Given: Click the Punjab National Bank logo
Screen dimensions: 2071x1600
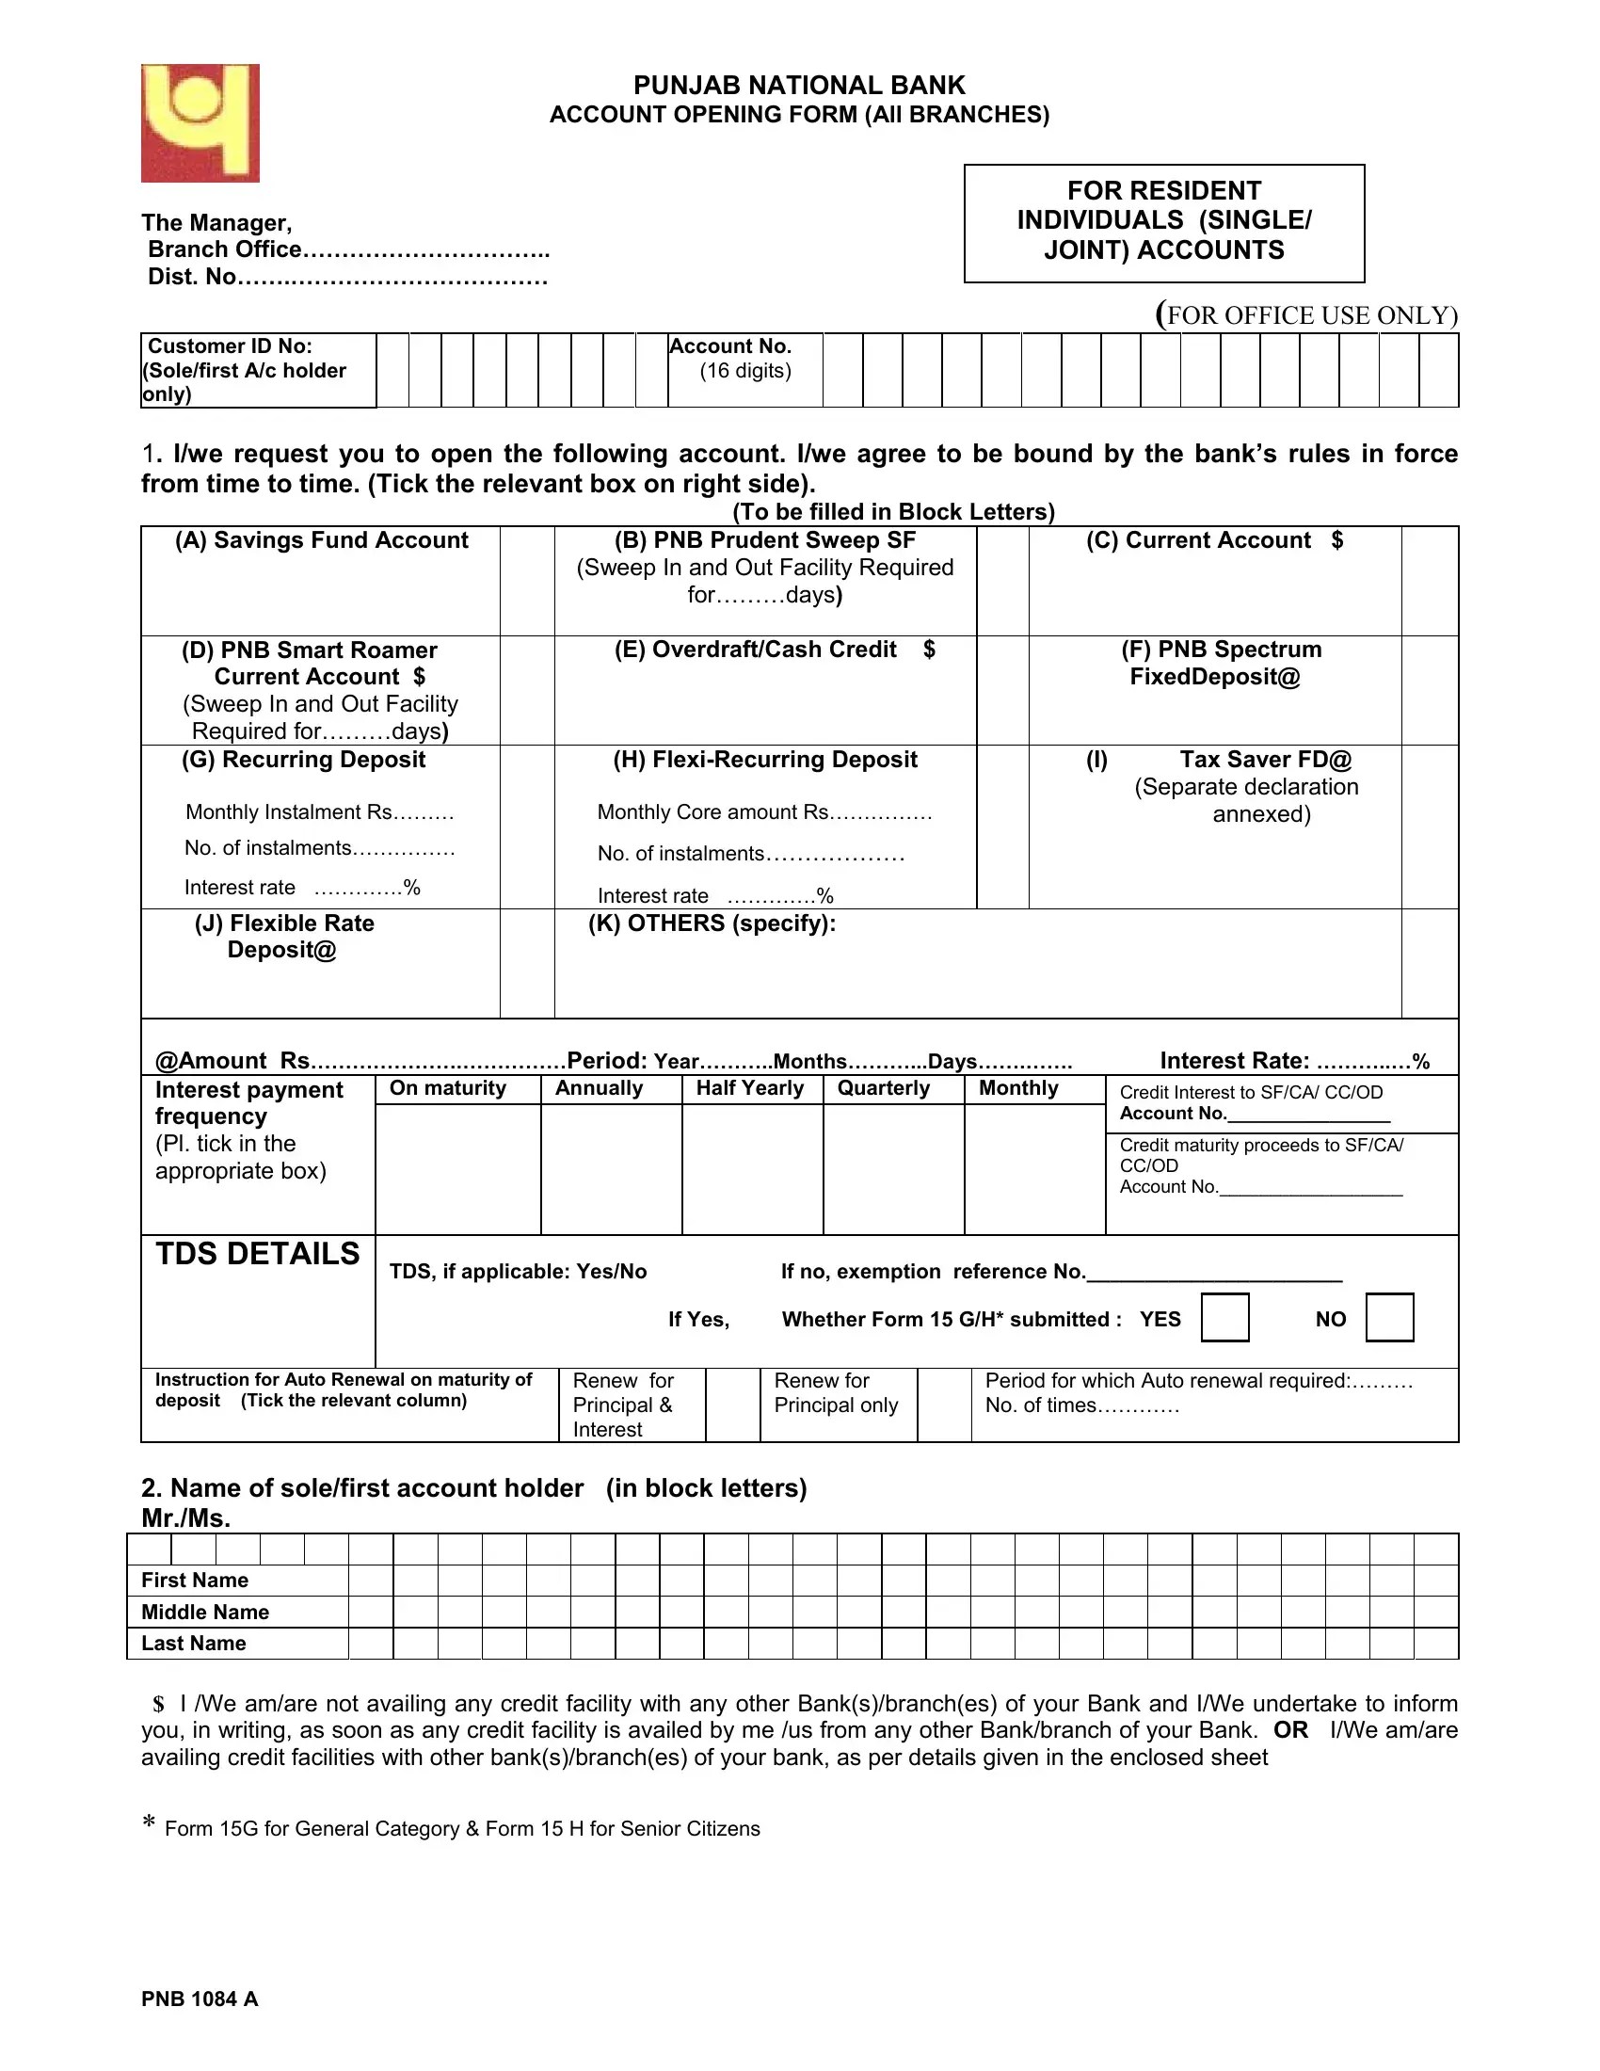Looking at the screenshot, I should click(x=200, y=123).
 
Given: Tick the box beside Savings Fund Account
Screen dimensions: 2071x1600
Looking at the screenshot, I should click(x=527, y=580).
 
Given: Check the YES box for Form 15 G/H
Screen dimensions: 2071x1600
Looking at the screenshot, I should click(x=1224, y=1317).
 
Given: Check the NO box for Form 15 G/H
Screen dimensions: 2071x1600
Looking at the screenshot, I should click(x=1388, y=1317).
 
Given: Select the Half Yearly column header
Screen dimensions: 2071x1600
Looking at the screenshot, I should click(x=749, y=1087).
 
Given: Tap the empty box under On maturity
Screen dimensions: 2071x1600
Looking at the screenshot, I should click(x=457, y=1168).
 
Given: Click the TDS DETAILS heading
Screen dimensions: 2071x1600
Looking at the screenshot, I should click(x=257, y=1254).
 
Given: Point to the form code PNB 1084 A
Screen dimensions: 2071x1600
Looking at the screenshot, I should click(x=200, y=1999).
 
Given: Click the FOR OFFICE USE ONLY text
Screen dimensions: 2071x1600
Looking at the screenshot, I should click(x=1307, y=314).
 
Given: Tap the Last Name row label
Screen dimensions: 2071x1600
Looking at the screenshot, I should click(x=193, y=1644).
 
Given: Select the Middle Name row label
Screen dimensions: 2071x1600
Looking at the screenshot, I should click(x=205, y=1612).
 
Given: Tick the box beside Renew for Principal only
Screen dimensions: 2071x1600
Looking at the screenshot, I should click(x=943, y=1405).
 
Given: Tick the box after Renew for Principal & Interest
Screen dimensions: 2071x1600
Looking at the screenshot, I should click(x=731, y=1405).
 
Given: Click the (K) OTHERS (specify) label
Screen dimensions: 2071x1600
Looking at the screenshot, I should click(x=712, y=923).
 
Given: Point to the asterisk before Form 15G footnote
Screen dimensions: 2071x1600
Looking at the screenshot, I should click(x=149, y=1824).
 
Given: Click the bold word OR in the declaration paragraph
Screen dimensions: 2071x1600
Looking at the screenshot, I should click(x=1290, y=1729).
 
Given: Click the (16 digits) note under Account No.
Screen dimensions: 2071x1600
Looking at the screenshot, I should click(x=745, y=371).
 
